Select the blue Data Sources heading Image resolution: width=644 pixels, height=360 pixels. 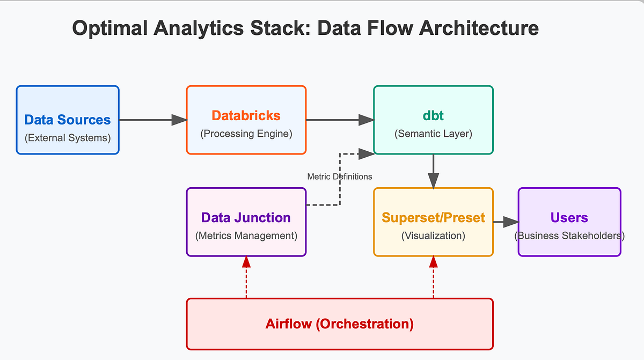click(68, 120)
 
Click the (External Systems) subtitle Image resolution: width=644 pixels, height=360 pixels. click(68, 138)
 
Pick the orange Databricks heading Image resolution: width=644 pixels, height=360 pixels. click(246, 115)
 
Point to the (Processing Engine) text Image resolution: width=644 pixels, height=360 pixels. click(246, 134)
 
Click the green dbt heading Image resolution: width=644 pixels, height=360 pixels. click(433, 115)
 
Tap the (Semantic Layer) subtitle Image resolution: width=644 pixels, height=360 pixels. click(433, 134)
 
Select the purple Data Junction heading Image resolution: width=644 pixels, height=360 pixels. click(246, 217)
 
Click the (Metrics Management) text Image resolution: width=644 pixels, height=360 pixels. click(246, 236)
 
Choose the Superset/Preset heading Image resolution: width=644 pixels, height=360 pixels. click(433, 217)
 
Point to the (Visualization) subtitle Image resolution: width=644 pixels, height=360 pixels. click(433, 236)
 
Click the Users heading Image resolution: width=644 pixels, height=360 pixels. click(569, 217)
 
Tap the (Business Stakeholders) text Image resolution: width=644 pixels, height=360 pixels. click(569, 236)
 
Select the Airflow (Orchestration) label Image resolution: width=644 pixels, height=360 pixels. click(339, 324)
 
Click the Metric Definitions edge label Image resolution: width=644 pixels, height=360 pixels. click(340, 176)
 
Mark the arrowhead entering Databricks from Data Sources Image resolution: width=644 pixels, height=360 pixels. click(179, 120)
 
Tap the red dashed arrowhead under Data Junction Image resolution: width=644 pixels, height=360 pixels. click(246, 262)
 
